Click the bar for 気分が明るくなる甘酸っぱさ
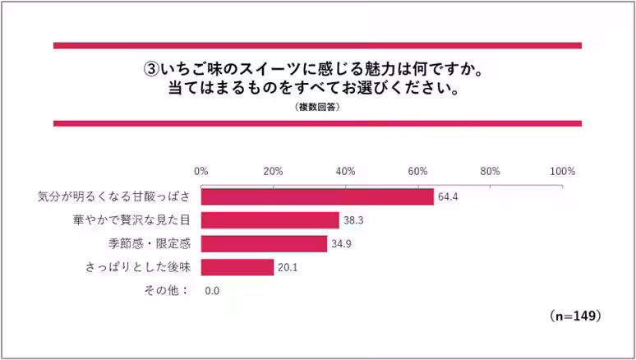(317, 197)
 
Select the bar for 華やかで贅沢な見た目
(270, 220)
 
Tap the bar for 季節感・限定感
(264, 244)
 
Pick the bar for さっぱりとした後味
(237, 267)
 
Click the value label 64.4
(449, 197)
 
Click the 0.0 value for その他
(212, 291)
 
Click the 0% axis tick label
(200, 171)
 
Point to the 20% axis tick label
(273, 171)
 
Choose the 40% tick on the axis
(345, 171)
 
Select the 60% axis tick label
(417, 171)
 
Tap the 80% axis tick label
(490, 171)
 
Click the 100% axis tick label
(562, 171)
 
